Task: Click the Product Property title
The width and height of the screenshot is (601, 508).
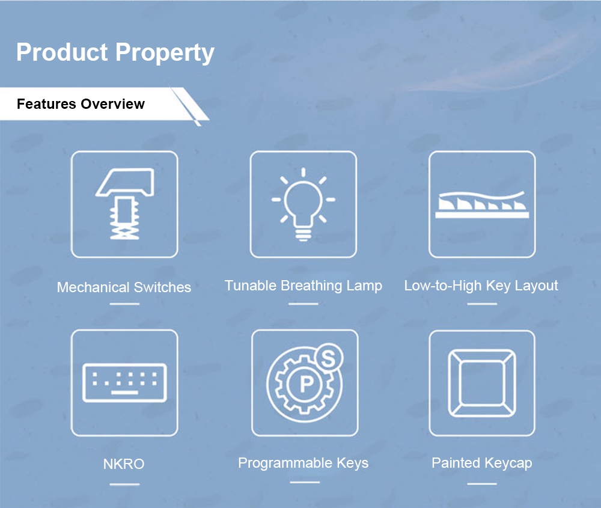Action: click(115, 52)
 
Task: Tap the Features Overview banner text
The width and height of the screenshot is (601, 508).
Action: click(81, 104)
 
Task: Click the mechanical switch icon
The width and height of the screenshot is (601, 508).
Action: click(124, 204)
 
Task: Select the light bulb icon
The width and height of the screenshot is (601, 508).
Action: click(303, 204)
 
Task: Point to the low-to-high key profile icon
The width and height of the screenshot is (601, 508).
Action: click(482, 205)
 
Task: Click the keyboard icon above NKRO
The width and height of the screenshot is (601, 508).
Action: click(124, 382)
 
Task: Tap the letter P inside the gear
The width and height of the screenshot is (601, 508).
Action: click(307, 384)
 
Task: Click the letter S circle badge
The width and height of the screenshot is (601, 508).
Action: click(329, 358)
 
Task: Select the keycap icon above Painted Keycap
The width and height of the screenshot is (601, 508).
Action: click(482, 383)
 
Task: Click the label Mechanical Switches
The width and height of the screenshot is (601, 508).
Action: click(124, 287)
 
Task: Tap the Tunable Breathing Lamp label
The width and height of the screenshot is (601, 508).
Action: click(303, 286)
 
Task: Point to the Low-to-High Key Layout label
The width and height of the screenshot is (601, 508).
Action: click(481, 286)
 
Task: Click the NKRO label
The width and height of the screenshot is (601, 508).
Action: click(124, 464)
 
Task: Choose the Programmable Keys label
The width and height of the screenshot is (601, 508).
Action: click(303, 463)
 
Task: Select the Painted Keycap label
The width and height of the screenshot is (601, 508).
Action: click(482, 463)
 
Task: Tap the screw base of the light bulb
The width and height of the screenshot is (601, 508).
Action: click(303, 234)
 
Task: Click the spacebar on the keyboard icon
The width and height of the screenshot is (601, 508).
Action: click(124, 393)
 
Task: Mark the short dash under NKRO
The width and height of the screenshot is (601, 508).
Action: click(124, 484)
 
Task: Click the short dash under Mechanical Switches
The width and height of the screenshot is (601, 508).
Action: click(124, 304)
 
